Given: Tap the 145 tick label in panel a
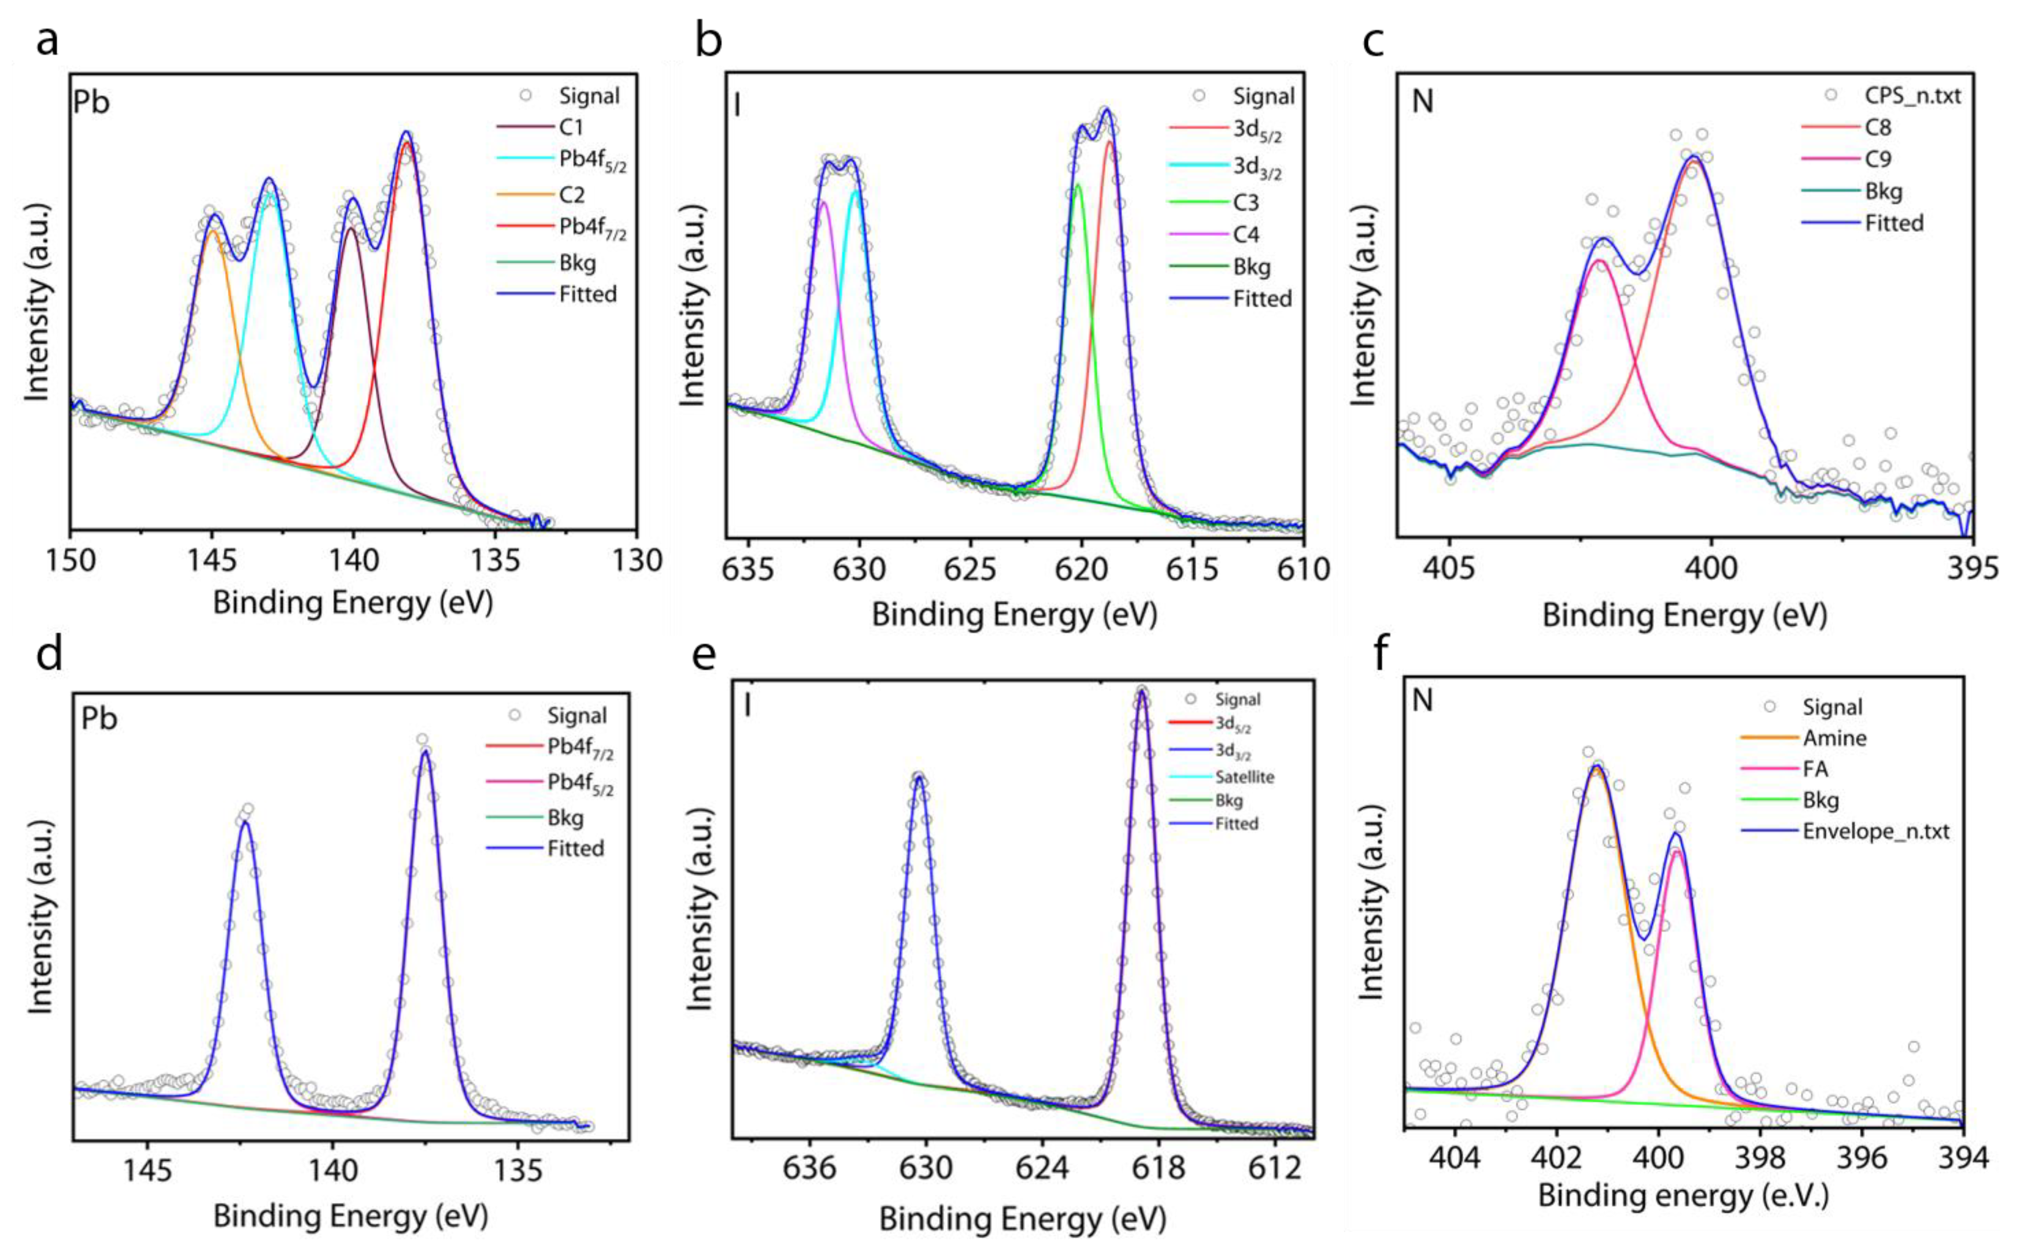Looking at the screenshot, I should [x=212, y=561].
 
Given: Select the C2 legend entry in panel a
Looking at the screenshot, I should [x=571, y=196].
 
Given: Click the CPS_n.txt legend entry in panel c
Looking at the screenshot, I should [x=1912, y=96].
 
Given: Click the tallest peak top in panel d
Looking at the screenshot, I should [x=424, y=749].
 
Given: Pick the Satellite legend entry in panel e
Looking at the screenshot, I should [x=1244, y=777].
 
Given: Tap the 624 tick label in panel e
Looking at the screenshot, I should [x=1042, y=1169].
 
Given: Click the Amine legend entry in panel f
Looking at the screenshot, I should [x=1834, y=738].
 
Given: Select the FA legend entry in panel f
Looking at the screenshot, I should [x=1815, y=770].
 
